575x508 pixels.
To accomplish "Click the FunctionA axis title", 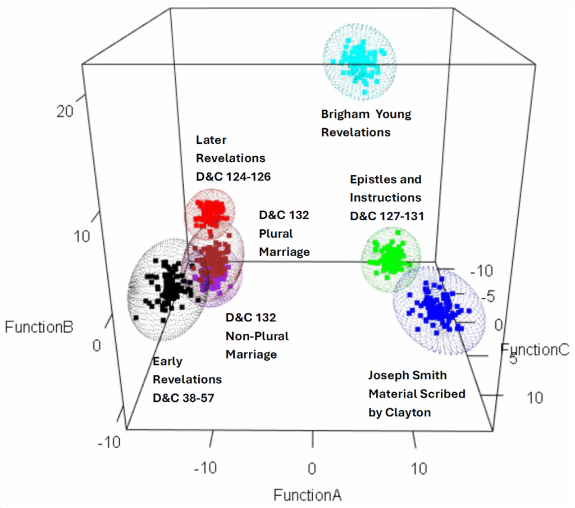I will (307, 495).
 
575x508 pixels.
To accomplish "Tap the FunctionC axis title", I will (535, 350).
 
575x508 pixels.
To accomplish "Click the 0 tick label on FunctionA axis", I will (312, 469).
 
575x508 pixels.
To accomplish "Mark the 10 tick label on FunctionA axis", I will (419, 469).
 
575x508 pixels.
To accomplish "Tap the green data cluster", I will (391, 258).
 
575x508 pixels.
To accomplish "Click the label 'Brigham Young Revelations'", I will (366, 123).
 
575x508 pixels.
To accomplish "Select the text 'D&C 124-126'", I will (233, 176).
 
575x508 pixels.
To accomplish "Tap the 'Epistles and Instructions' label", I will (385, 188).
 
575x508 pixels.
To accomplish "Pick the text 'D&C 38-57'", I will (185, 398).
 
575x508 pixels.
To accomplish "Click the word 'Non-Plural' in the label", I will (257, 336).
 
